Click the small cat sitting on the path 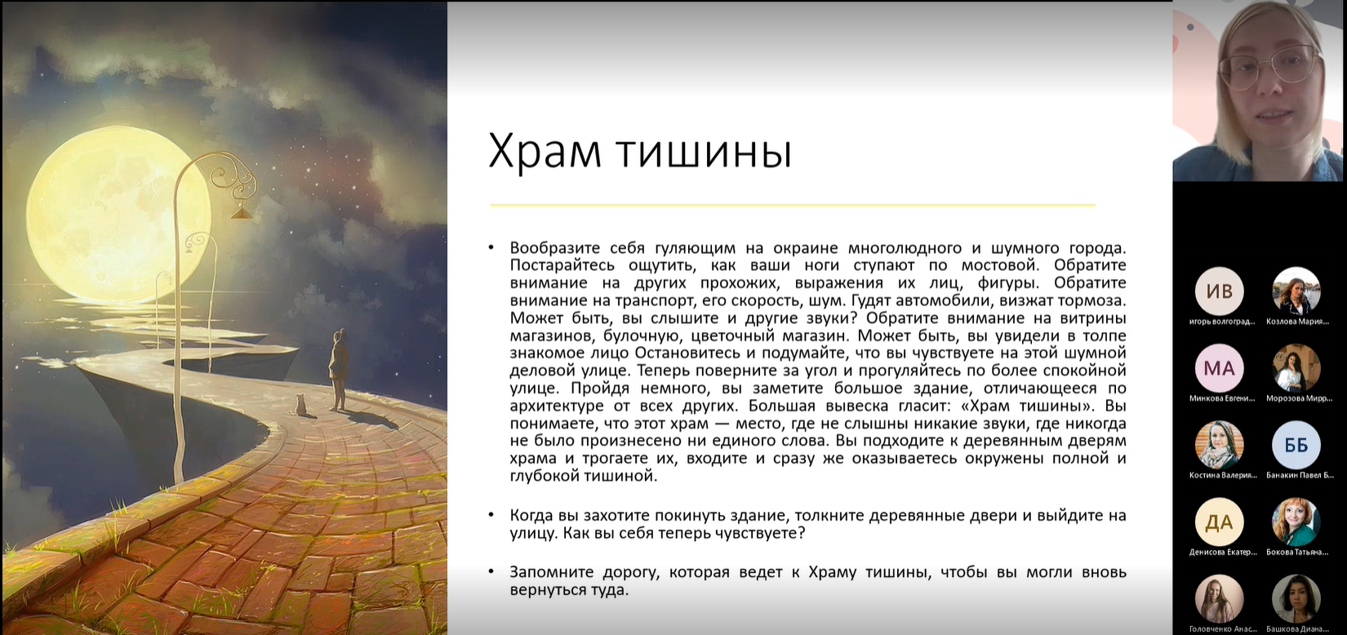tap(300, 405)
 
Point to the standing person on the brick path tap(338, 369)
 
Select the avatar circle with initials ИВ tap(1219, 291)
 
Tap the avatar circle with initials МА tap(1219, 368)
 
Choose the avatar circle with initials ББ tap(1296, 445)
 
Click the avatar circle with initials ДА tap(1219, 522)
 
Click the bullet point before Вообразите tap(491, 247)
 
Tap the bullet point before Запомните tap(491, 571)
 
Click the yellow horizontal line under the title tap(792, 205)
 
